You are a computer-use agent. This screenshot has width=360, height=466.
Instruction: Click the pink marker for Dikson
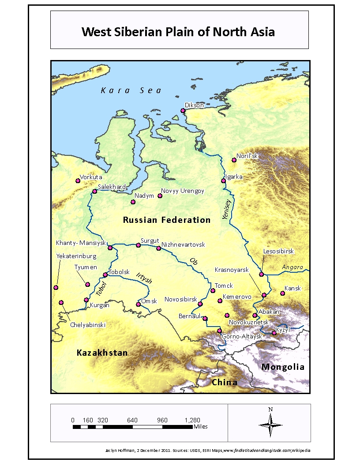[x=183, y=111]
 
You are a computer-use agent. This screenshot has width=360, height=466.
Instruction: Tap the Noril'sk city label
[x=247, y=156]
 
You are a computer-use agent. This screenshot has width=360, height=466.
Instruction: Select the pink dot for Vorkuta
[x=78, y=180]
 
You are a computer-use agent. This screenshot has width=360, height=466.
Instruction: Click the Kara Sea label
[x=131, y=90]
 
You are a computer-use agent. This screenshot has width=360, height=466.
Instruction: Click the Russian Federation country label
[x=166, y=220]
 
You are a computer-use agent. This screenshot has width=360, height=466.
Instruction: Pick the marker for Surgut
[x=138, y=245]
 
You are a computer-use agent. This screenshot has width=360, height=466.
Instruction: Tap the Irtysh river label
[x=144, y=278]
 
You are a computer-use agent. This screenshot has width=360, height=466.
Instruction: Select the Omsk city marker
[x=138, y=304]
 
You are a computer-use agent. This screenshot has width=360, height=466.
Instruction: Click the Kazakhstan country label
[x=102, y=353]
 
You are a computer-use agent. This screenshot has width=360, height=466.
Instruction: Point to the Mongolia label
[x=283, y=367]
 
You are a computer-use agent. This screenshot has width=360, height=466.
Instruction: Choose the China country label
[x=225, y=382]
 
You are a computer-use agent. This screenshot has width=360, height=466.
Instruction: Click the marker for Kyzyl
[x=274, y=333]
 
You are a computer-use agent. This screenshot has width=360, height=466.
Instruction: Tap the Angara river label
[x=292, y=267]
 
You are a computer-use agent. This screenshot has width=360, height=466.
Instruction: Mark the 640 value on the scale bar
[x=132, y=420]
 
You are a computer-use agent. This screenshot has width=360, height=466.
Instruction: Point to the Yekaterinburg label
[x=73, y=256]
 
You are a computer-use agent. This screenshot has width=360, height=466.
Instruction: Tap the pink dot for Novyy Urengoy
[x=160, y=195]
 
